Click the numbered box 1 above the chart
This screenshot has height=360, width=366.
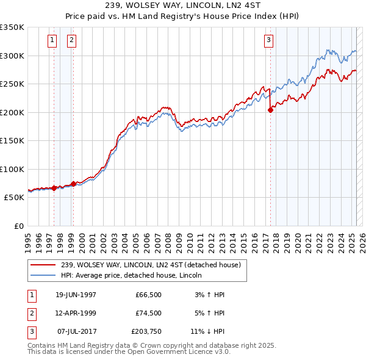click(52, 41)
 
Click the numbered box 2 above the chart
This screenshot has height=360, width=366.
click(72, 41)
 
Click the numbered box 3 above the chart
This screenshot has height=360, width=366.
click(269, 41)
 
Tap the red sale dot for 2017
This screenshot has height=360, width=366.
click(270, 110)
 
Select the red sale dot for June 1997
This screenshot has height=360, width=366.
click(54, 188)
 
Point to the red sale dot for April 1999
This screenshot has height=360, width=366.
click(73, 184)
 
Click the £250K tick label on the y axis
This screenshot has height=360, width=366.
click(12, 84)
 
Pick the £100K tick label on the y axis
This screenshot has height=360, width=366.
click(12, 169)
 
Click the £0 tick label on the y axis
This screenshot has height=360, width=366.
click(18, 226)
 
